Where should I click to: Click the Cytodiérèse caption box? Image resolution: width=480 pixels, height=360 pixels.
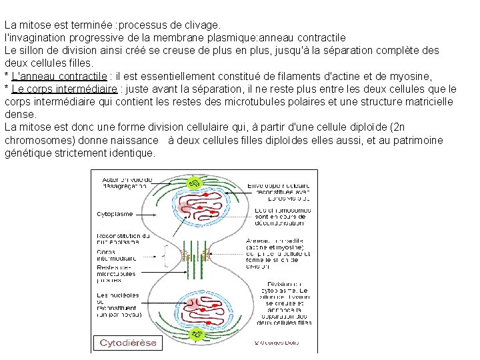(128, 343)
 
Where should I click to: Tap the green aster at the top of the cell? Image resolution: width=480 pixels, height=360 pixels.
(195, 183)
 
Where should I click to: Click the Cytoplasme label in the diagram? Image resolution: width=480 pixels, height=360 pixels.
(115, 214)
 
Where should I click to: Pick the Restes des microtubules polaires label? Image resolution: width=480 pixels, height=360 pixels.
(116, 274)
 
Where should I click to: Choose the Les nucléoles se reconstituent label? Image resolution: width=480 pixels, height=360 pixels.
(118, 303)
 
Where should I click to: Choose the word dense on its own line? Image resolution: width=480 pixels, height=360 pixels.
(19, 114)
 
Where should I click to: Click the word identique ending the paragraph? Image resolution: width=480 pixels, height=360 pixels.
(133, 153)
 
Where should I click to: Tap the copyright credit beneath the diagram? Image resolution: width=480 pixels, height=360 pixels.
(277, 343)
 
